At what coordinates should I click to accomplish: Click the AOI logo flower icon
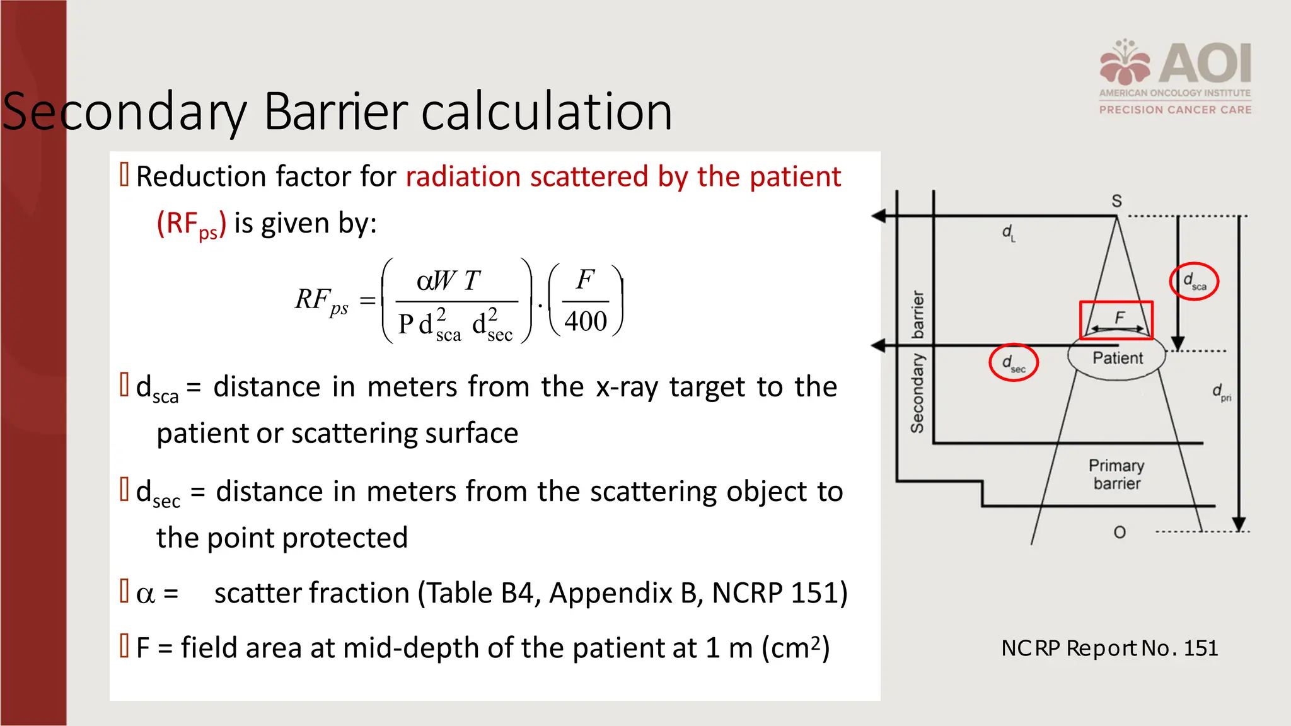1126,63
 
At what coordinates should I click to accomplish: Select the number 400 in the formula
586,321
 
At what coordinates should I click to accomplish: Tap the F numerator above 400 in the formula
586,279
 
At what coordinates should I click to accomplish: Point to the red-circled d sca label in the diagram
1194,281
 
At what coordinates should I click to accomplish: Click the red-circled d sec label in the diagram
1013,363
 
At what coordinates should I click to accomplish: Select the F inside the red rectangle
1120,318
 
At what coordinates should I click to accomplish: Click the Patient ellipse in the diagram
1117,358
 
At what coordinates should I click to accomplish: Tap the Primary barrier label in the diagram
1116,475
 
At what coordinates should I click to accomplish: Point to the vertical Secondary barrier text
917,362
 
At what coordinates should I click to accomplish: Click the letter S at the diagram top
1116,201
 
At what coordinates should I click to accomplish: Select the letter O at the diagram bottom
1120,533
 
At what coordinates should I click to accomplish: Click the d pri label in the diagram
1221,393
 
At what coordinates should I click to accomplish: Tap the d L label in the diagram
1009,233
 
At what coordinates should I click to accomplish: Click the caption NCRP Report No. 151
1109,648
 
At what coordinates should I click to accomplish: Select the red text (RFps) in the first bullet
191,224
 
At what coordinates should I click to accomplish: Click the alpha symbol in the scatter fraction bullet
145,594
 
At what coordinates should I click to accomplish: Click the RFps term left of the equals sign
321,301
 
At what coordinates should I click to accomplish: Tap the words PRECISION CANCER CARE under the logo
1175,110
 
